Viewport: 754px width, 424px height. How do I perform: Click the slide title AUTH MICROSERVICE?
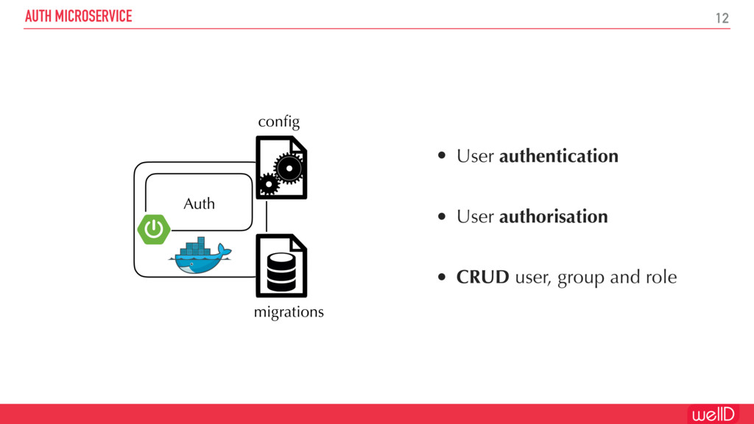point(79,16)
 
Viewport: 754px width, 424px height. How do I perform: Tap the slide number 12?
point(722,18)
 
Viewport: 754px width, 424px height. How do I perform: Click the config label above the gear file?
point(279,121)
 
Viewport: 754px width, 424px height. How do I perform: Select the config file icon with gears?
point(281,168)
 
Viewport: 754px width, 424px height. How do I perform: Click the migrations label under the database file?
point(289,312)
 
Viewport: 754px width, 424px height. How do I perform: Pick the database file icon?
point(281,266)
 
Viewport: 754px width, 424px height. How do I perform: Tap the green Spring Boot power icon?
point(154,230)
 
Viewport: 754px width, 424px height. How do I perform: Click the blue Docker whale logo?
point(200,255)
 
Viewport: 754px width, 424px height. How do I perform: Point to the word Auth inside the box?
point(199,204)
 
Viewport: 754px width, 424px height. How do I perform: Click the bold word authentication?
point(558,156)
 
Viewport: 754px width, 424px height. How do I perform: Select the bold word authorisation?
point(553,216)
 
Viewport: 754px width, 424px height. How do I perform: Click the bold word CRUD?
point(482,278)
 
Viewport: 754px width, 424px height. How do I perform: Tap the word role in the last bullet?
point(661,278)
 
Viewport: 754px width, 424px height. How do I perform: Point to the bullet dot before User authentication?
point(441,156)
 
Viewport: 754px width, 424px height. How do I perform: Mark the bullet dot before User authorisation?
point(441,216)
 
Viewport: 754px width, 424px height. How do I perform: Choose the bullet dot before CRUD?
point(441,278)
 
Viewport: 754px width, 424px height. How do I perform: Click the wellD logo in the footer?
point(712,414)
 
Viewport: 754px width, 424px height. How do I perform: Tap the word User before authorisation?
point(475,216)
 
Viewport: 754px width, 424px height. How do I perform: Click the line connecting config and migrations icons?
point(267,216)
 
